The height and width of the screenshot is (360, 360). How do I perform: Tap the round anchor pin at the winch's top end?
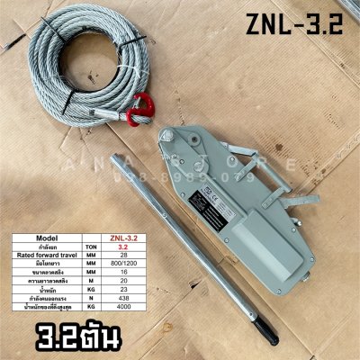166,137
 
